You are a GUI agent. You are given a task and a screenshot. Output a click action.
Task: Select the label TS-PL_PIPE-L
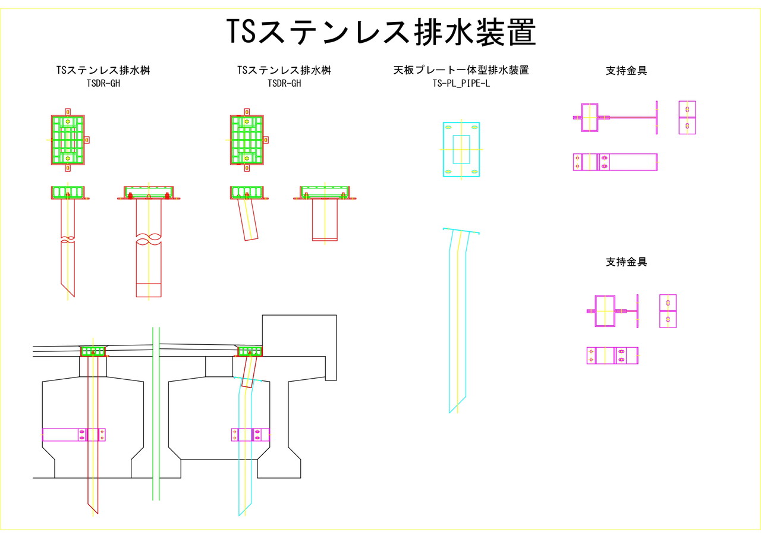coord(461,83)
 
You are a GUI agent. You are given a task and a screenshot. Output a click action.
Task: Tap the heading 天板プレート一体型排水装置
coord(461,70)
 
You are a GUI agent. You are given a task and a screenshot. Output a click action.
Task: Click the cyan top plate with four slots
coord(448,149)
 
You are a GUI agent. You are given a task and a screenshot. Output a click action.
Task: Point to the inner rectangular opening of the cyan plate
coord(461,149)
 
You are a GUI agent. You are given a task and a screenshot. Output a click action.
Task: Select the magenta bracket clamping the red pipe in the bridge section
coord(74,435)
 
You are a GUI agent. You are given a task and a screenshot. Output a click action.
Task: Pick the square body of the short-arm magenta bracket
coord(605,311)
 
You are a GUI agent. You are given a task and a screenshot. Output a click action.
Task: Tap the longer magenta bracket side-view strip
coord(615,162)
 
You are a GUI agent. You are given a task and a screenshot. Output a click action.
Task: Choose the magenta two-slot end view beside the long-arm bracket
coord(687,117)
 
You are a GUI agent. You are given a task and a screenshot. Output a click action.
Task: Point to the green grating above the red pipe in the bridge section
coord(93,351)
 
